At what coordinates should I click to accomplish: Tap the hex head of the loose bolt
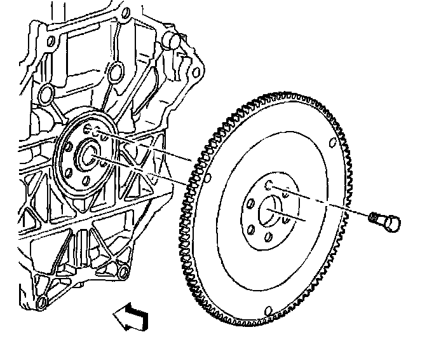(390, 222)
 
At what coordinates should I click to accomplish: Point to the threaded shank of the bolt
(376, 217)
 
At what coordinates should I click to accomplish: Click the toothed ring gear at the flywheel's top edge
(286, 98)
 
